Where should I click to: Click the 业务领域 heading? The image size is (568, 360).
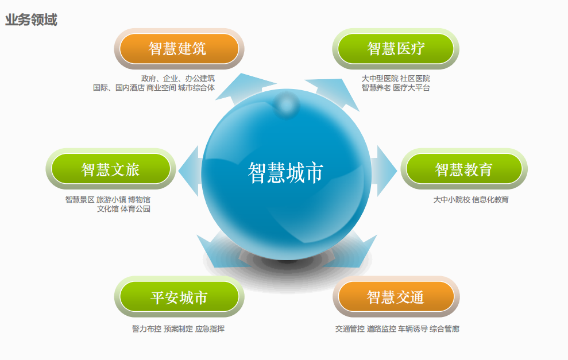click(31, 20)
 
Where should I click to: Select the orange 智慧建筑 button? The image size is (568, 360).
click(179, 49)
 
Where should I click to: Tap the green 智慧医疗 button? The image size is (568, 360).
click(396, 49)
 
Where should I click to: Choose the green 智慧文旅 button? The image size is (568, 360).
click(111, 169)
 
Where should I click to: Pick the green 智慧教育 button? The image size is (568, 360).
click(464, 169)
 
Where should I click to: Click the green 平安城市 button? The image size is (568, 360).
click(179, 297)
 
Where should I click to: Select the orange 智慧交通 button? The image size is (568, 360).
click(396, 297)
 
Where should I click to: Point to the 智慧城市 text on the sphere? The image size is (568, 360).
click(285, 173)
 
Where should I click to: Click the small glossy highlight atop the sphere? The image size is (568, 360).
click(286, 105)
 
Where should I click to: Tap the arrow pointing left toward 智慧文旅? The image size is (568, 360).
click(189, 171)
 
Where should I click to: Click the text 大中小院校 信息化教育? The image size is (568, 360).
click(471, 200)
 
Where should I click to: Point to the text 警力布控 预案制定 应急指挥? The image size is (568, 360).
click(178, 329)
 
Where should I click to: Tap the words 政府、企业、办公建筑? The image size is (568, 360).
click(178, 78)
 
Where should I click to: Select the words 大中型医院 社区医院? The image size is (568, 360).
click(396, 78)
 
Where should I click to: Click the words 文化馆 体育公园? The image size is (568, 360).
click(123, 208)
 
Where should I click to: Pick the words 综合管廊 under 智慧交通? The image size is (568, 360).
click(445, 329)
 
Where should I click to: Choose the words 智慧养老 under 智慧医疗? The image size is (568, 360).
click(376, 88)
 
